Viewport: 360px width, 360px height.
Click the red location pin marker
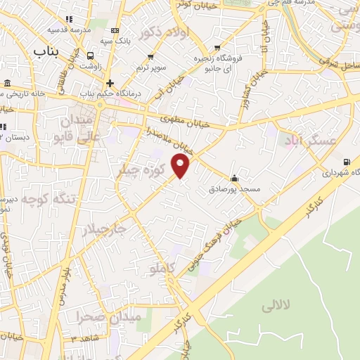(181, 166)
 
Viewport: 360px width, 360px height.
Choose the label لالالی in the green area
(276, 307)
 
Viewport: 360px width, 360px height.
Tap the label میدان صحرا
(109, 317)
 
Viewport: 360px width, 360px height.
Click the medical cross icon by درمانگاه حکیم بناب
(110, 83)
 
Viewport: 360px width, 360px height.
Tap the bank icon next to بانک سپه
(115, 30)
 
